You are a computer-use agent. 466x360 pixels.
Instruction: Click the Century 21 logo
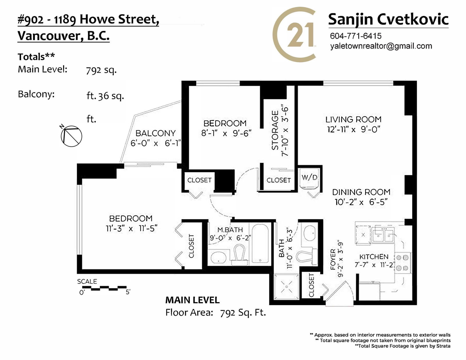pos(294,35)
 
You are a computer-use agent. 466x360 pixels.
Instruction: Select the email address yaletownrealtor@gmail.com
pos(381,46)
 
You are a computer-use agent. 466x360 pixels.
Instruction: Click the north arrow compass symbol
pos(71,135)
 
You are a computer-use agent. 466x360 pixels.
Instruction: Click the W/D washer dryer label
pos(309,177)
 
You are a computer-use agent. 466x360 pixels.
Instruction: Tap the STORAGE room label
pos(275,130)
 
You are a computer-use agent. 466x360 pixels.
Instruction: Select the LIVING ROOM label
pos(353,119)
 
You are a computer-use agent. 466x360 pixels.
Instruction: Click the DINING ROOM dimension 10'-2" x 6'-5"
pos(361,202)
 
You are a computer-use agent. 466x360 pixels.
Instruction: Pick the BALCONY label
pos(156,133)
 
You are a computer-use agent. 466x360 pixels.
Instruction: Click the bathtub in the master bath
pos(260,243)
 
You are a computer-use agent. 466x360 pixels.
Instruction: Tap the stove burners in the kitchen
pos(403,263)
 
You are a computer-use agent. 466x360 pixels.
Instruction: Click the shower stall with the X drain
pos(287,287)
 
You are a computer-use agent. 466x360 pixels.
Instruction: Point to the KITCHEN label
pos(374,256)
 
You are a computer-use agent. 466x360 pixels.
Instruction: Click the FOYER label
pos(333,260)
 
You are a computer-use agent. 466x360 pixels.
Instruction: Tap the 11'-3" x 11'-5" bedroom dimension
pos(132,228)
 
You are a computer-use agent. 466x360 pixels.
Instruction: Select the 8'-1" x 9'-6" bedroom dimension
pos(226,133)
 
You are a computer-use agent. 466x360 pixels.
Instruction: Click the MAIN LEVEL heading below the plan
pos(192,300)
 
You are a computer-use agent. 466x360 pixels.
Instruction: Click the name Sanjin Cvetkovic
pos(388,19)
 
